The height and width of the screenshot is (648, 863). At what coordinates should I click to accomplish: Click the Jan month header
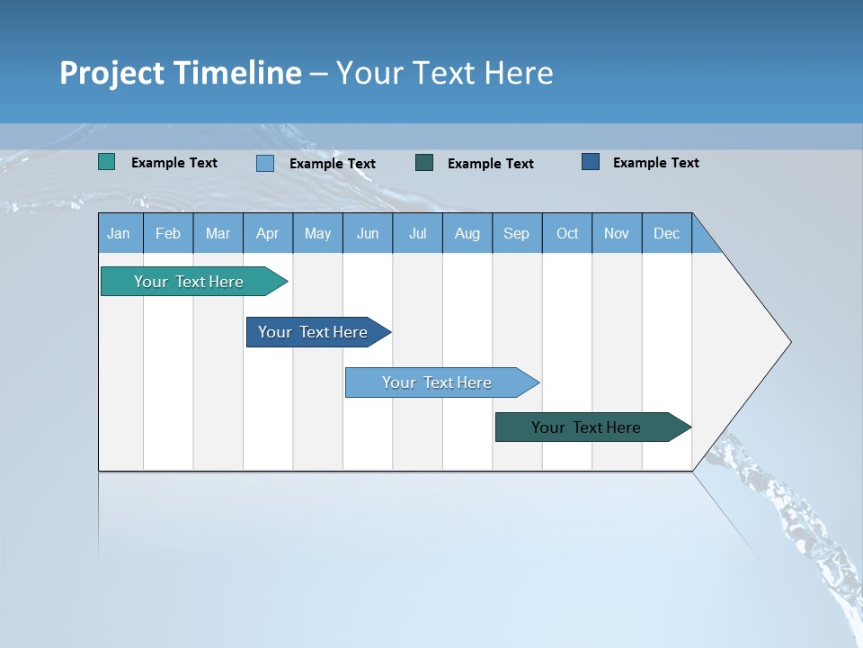[x=120, y=233]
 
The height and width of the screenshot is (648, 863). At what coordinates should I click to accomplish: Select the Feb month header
[x=168, y=233]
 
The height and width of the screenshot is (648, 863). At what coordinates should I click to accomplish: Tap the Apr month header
[x=268, y=233]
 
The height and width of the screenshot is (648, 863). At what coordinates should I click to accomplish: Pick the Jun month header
[x=368, y=233]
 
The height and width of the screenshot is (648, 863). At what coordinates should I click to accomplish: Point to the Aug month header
[x=467, y=233]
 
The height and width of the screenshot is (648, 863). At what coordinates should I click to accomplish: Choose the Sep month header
[x=517, y=233]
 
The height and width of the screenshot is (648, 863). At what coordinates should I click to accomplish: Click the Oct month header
[x=567, y=233]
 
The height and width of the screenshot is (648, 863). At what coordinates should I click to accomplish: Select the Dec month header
[x=667, y=233]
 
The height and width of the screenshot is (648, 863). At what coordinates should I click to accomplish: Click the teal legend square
[x=107, y=162]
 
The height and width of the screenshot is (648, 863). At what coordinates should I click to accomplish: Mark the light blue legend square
[x=265, y=163]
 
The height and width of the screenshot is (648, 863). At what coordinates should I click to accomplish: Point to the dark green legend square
[x=424, y=163]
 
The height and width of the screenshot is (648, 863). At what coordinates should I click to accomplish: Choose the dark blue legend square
[x=591, y=162]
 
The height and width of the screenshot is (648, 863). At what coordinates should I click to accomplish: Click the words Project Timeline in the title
[x=180, y=73]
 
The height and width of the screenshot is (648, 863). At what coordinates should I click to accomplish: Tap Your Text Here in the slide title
[x=444, y=73]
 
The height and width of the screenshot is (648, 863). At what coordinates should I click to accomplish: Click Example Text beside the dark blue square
[x=655, y=163]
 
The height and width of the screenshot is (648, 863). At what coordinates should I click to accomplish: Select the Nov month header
[x=617, y=233]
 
